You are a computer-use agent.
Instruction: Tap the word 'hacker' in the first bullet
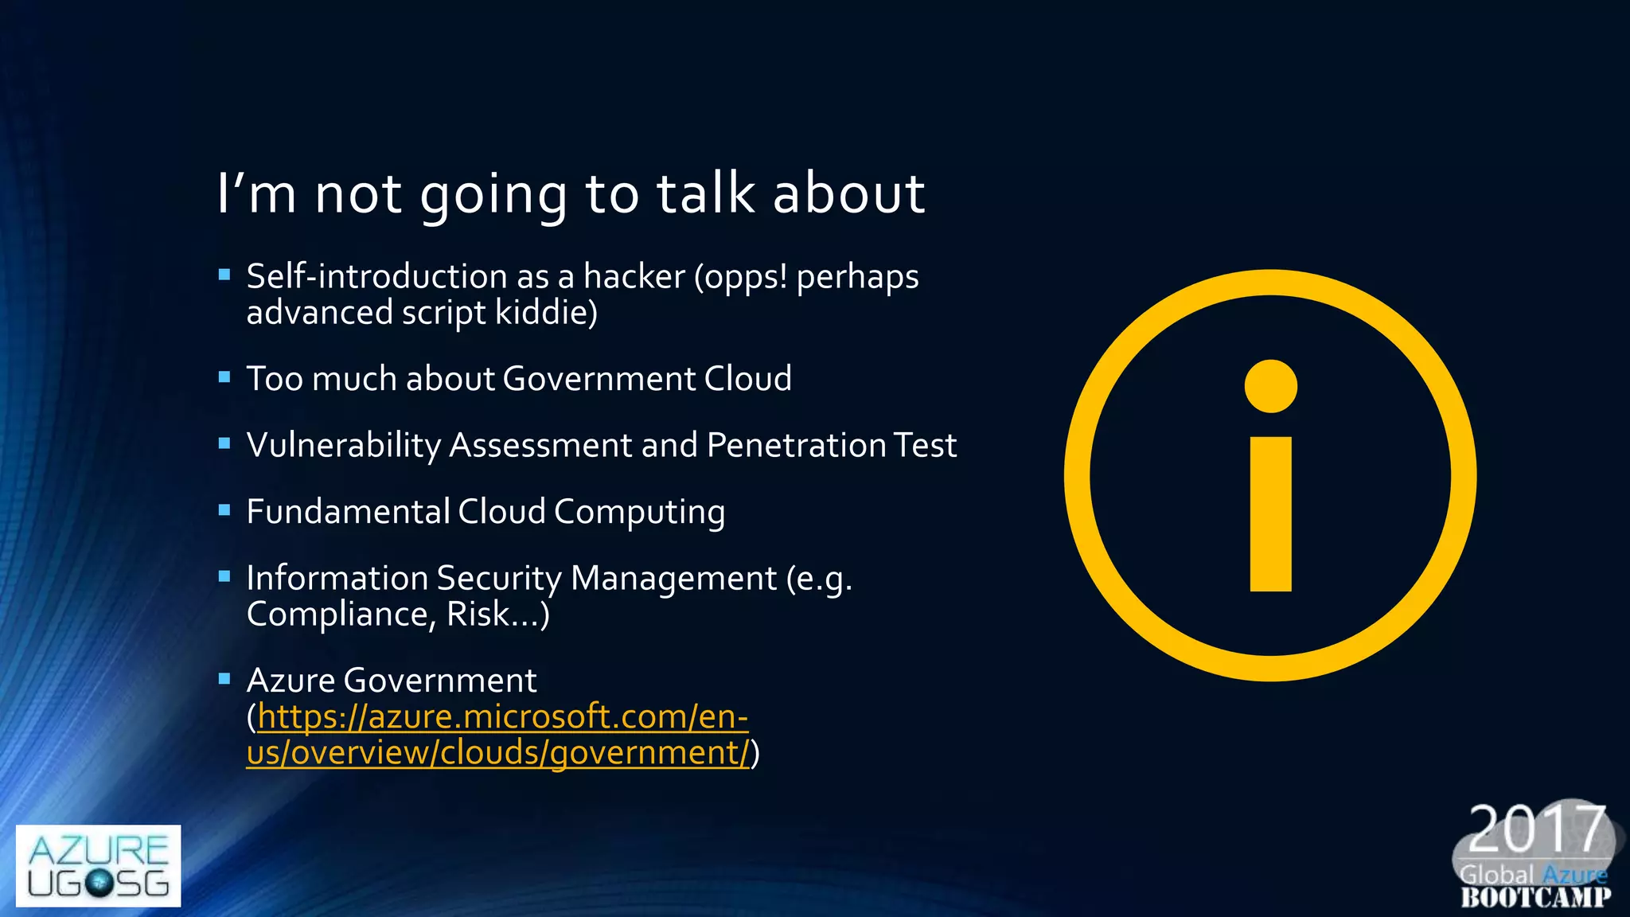tap(634, 277)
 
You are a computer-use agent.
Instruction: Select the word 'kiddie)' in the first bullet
tap(546, 313)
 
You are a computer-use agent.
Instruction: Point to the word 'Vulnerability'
tap(343, 446)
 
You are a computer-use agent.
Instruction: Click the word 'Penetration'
tap(796, 445)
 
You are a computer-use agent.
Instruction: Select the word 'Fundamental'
tap(348, 512)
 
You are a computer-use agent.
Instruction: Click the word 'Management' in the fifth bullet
tap(673, 579)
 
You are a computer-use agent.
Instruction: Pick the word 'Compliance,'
tap(341, 615)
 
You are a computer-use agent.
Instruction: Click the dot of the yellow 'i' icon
tap(1270, 387)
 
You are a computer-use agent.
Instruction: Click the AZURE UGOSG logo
tap(98, 865)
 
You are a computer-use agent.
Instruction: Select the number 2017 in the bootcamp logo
tap(1536, 829)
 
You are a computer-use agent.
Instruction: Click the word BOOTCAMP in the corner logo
tap(1536, 898)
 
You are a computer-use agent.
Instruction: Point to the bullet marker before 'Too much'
tap(224, 377)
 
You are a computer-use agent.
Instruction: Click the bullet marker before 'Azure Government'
tap(224, 679)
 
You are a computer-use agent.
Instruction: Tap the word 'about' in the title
tap(848, 193)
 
